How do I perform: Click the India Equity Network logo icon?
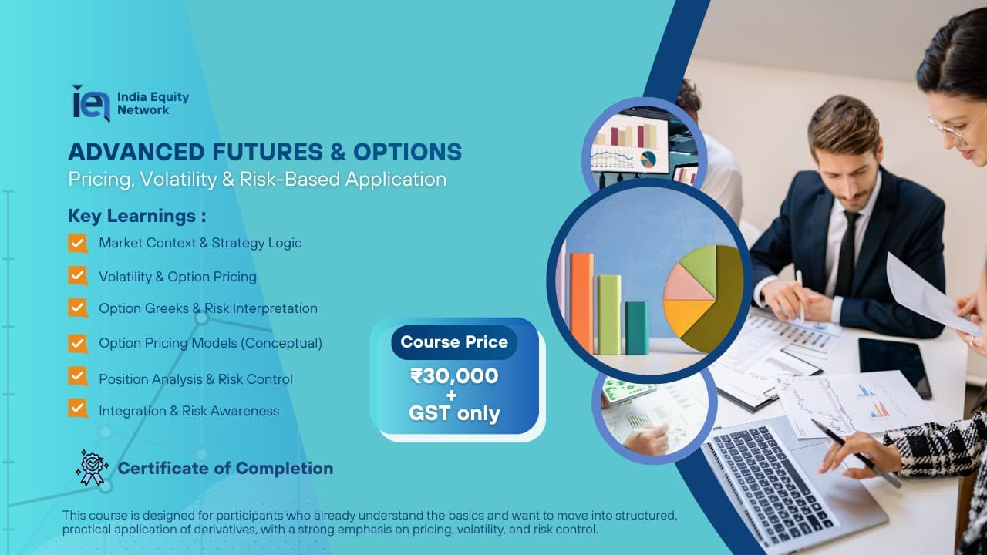click(x=90, y=103)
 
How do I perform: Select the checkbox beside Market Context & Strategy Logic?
click(x=78, y=243)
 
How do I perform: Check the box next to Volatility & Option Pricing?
click(x=78, y=276)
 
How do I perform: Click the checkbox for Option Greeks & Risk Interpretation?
click(x=78, y=308)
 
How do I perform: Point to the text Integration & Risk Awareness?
click(x=189, y=411)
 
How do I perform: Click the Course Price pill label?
click(x=454, y=341)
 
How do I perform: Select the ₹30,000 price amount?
click(x=453, y=376)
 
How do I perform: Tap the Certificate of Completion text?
click(x=225, y=468)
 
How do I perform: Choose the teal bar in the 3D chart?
click(x=636, y=327)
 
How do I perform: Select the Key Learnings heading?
click(x=137, y=215)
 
